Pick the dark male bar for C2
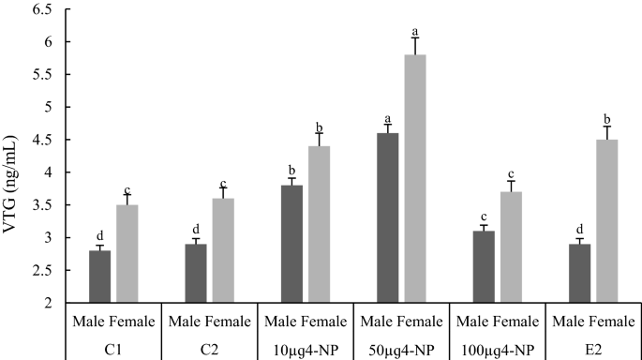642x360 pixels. click(196, 273)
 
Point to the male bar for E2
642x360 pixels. click(579, 273)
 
